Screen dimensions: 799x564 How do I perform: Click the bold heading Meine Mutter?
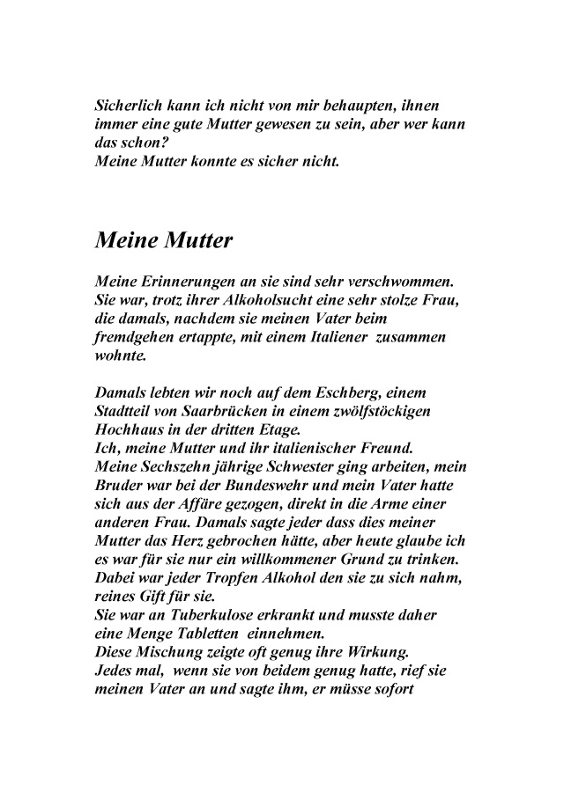[163, 239]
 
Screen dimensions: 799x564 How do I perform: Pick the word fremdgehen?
[137, 339]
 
